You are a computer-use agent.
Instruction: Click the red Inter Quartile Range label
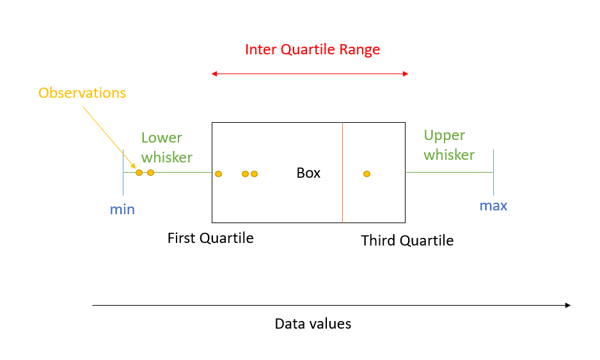312,50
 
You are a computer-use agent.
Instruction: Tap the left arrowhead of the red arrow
214,74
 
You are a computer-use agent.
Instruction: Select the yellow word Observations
82,93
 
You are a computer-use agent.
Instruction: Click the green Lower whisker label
166,147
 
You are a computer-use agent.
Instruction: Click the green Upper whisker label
449,145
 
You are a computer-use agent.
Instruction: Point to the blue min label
122,209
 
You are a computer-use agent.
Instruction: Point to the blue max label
493,206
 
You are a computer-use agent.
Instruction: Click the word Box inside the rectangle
308,173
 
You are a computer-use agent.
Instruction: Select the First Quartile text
210,238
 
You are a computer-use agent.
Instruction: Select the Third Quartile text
407,240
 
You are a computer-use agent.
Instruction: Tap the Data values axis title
313,324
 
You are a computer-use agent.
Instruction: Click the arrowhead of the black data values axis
567,305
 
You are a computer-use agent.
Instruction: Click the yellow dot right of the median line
367,173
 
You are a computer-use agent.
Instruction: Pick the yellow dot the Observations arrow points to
139,173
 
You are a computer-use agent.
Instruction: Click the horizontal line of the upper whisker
448,173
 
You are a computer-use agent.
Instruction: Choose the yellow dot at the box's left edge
218,173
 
